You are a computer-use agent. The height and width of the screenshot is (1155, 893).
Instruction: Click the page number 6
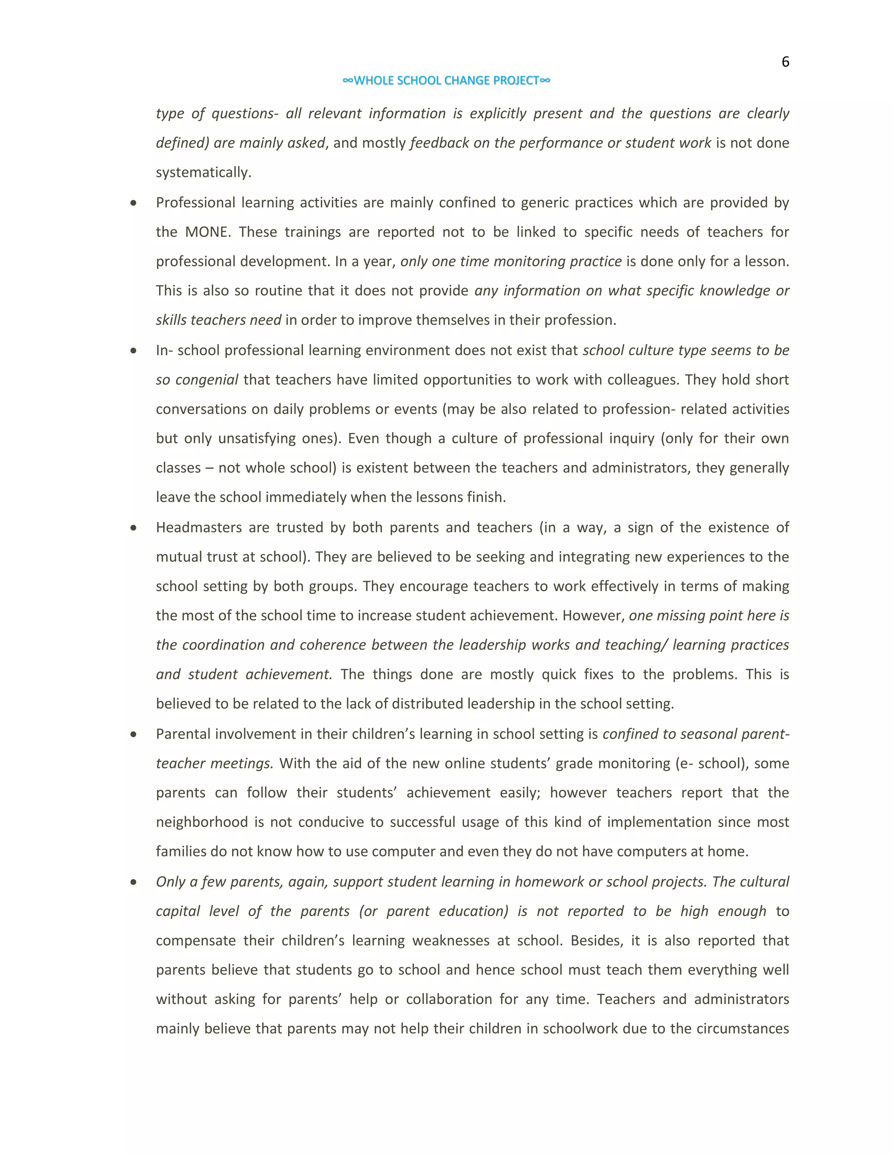(785, 62)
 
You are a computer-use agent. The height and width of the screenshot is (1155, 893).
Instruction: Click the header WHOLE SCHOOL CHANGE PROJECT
(446, 80)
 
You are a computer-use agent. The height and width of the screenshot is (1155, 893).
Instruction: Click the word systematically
(203, 173)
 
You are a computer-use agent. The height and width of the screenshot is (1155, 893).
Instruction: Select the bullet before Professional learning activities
(133, 203)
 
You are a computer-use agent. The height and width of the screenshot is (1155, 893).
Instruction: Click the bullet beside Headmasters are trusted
(133, 528)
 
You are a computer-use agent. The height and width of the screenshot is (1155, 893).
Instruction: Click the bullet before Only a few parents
(133, 882)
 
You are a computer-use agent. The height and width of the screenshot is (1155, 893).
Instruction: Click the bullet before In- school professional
(133, 350)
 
